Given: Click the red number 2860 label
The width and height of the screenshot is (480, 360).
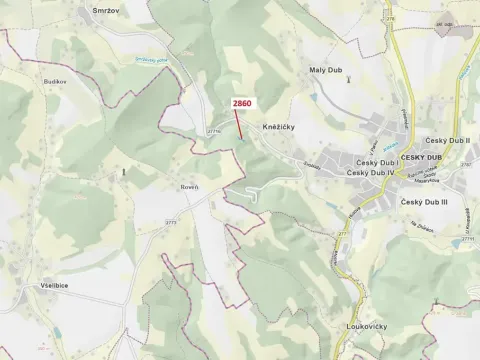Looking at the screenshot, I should [x=241, y=103].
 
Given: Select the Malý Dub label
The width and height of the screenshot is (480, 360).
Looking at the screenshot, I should [x=326, y=70].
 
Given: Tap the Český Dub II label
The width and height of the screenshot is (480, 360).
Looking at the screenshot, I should [x=448, y=142].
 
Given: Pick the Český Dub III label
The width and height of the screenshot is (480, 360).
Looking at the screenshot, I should [x=425, y=203].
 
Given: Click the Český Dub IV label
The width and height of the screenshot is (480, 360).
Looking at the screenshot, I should [x=372, y=173].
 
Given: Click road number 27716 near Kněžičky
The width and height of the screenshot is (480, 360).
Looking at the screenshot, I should [x=212, y=130].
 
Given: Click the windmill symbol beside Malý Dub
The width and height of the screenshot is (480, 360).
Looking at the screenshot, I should [x=347, y=80].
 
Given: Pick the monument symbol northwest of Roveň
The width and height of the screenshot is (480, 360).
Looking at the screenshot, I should [x=123, y=172].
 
